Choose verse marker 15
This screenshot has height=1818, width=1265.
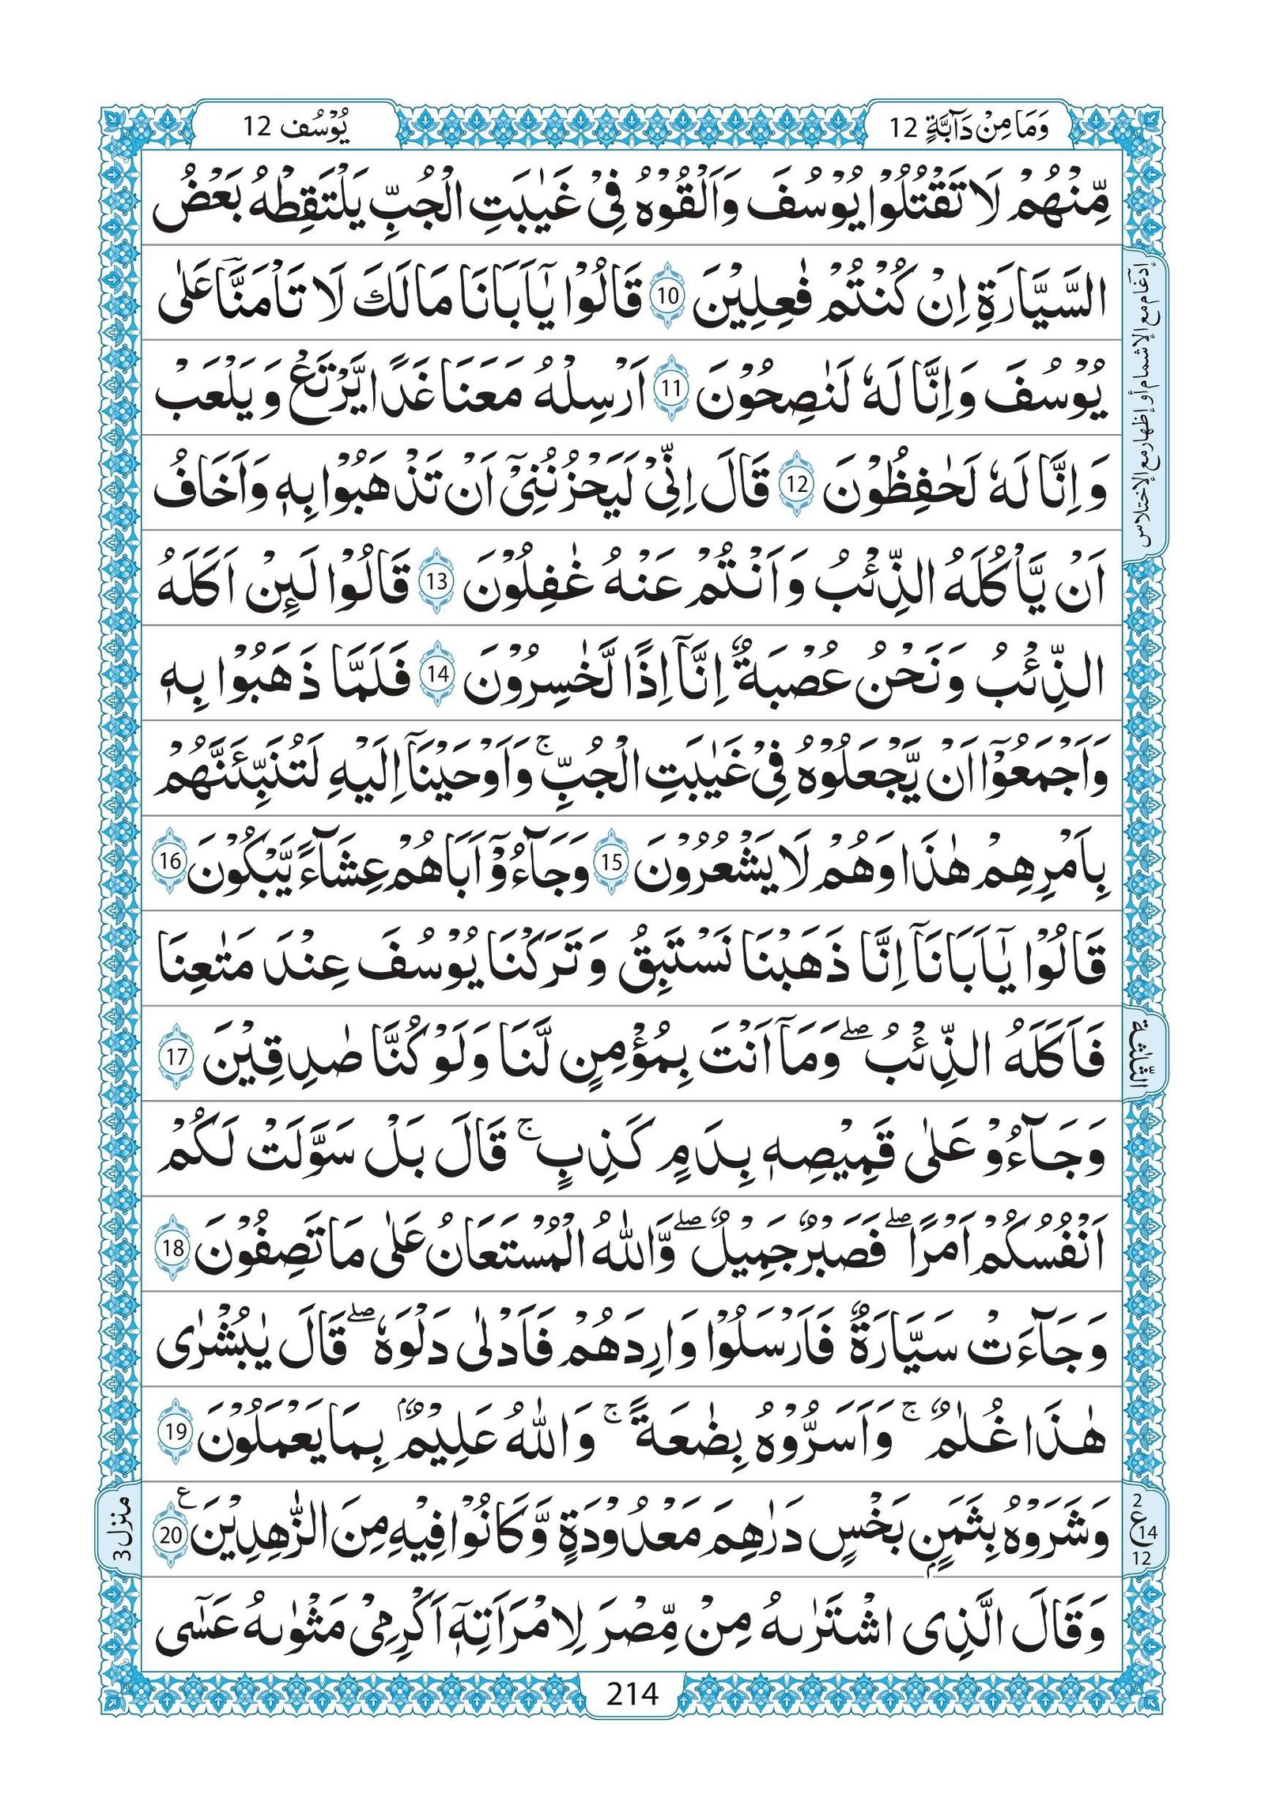[612, 863]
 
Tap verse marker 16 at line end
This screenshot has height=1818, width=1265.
[173, 861]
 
